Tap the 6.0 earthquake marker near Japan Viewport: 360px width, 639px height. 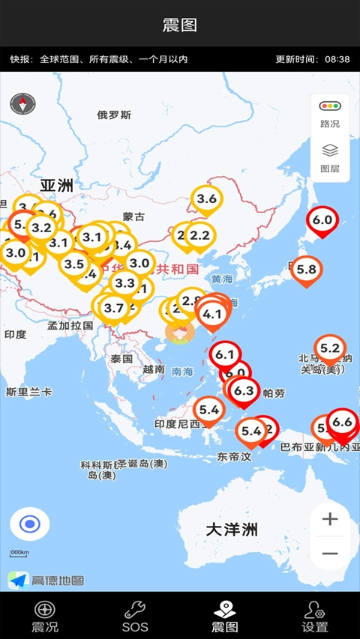(322, 221)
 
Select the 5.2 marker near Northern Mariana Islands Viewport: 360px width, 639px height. (330, 348)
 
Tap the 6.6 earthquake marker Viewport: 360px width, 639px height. (342, 423)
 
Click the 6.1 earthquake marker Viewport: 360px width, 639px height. (225, 355)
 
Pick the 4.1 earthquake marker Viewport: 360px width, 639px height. (212, 315)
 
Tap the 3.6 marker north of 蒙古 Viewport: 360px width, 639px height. (206, 199)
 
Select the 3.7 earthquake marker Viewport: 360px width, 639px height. (114, 308)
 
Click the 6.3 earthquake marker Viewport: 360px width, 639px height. (244, 391)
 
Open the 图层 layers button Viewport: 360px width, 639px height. (330, 158)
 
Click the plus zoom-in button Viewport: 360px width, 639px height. (330, 518)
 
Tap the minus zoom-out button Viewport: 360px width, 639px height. (330, 554)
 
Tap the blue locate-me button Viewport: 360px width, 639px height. (30, 524)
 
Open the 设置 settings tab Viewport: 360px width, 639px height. (315, 616)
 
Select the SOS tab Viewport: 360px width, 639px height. (135, 616)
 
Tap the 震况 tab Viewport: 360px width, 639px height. (45, 616)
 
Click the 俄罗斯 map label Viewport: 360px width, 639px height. (114, 115)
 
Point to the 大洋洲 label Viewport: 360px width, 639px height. (232, 530)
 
